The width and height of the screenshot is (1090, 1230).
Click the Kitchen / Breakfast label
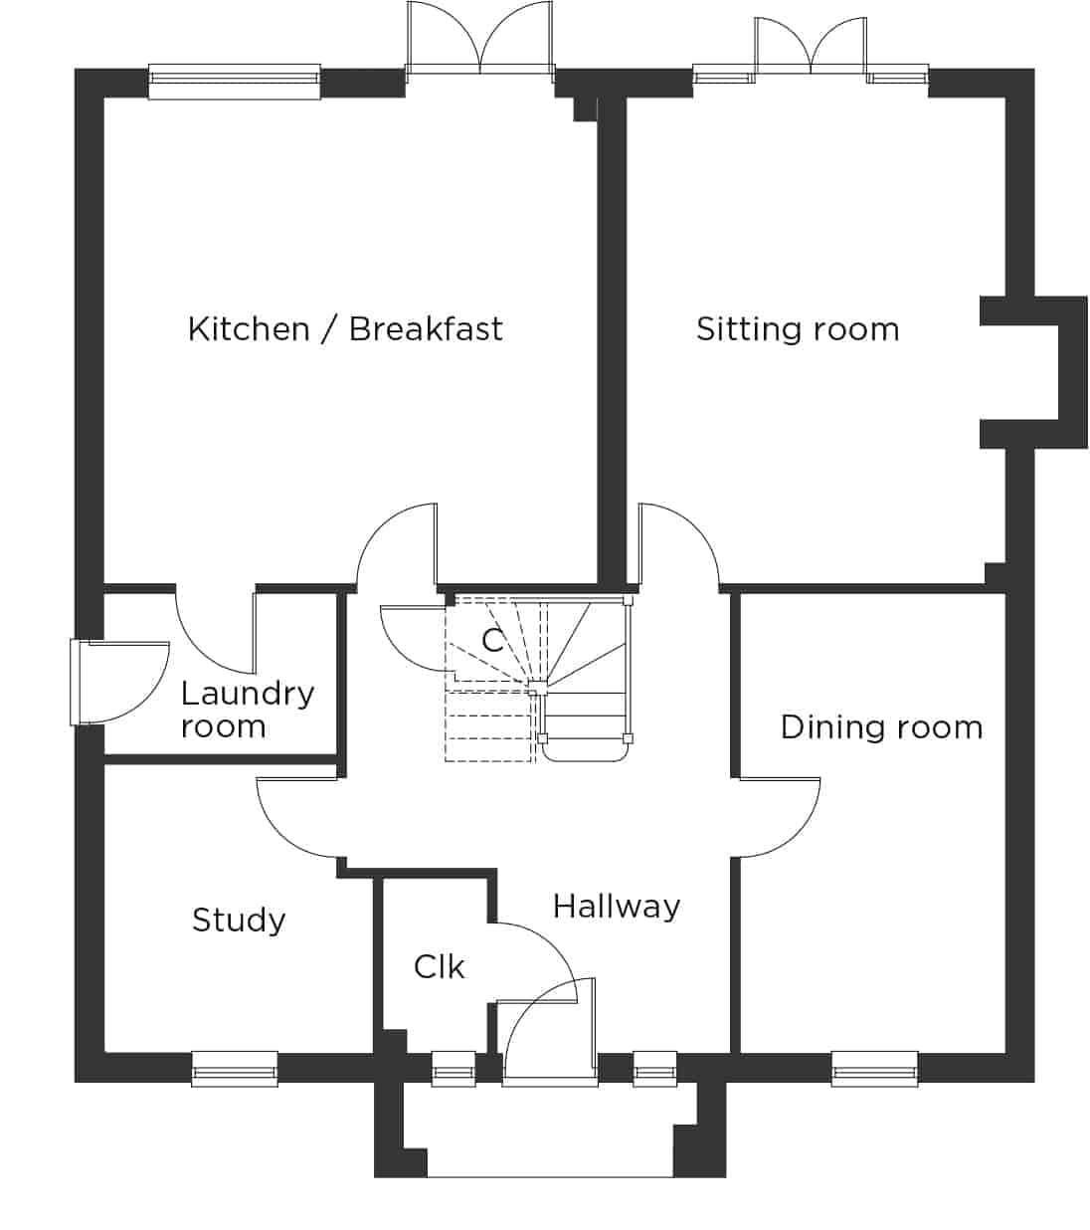coord(345,329)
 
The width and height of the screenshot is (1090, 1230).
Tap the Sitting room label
coord(798,329)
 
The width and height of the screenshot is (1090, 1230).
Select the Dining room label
coord(881,727)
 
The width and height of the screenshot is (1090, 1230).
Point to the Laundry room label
coord(248,711)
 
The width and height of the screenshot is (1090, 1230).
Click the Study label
coord(239,921)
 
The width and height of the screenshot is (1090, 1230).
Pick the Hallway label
coord(616,908)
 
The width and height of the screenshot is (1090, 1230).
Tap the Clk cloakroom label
coord(439,967)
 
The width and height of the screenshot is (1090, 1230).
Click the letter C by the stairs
coord(493,640)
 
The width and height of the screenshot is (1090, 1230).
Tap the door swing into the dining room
coord(779,817)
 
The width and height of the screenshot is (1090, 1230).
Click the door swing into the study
coord(296,817)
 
